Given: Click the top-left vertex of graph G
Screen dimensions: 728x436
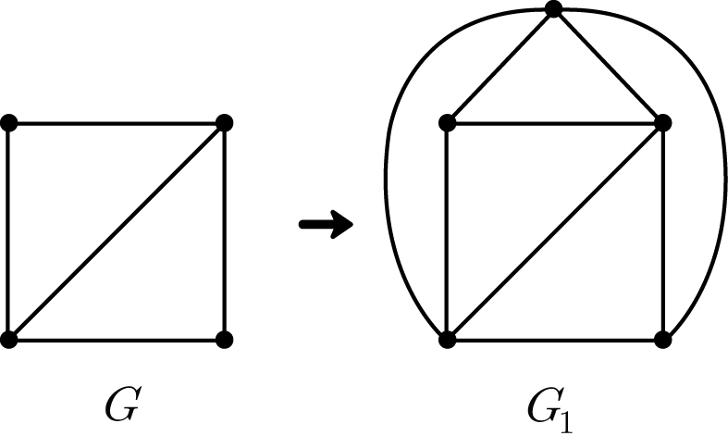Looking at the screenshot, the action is click(9, 123).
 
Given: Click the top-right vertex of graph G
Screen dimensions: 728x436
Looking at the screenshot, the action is click(224, 123).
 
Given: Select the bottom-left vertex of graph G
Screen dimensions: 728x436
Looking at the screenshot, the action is click(9, 340).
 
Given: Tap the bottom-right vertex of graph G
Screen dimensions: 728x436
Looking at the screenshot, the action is click(224, 340).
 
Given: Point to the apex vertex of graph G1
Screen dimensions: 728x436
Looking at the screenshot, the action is click(554, 9).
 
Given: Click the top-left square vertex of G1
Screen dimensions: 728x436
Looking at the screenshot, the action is click(447, 123).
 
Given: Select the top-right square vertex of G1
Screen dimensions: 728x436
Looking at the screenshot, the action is click(662, 123).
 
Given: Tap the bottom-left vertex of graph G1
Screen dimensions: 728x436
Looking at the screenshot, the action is click(447, 340).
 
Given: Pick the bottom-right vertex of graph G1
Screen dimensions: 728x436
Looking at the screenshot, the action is click(662, 340).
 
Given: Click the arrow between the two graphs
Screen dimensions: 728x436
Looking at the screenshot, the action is click(326, 225).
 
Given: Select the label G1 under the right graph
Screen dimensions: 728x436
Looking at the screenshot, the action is click(550, 408).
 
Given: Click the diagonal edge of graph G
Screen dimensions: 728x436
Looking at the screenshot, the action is click(117, 231).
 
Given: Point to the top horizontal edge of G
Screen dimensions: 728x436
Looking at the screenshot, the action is click(117, 123).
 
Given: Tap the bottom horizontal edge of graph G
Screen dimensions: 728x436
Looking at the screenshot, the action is click(117, 340).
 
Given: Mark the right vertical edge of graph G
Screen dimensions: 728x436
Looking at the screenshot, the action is click(224, 231).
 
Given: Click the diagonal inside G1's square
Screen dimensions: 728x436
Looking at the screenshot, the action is click(555, 231).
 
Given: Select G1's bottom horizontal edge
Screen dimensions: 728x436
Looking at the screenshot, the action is click(555, 340).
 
